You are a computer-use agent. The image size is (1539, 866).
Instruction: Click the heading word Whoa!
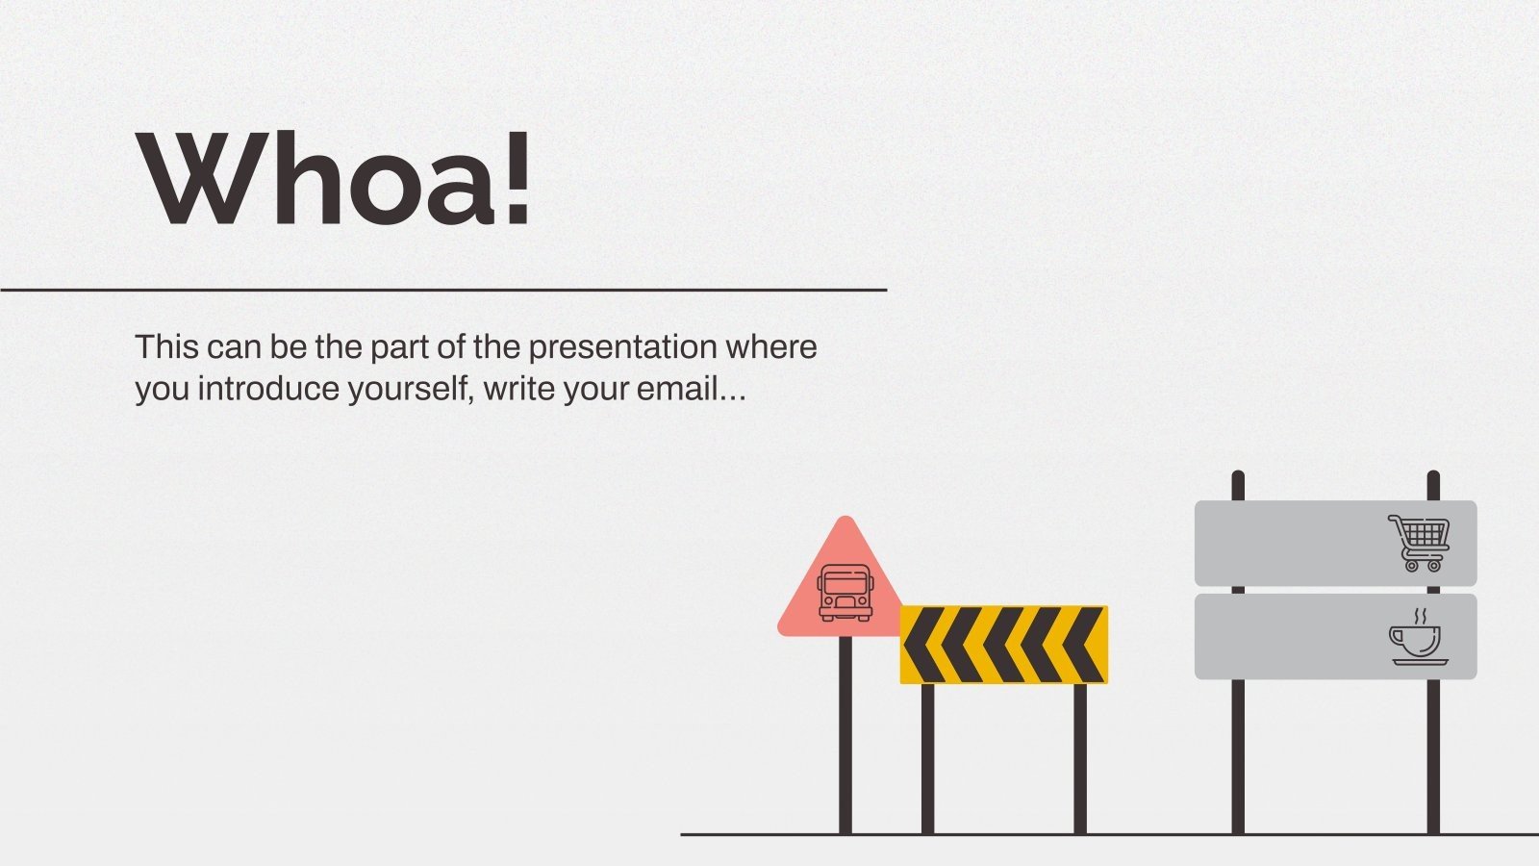tap(335, 179)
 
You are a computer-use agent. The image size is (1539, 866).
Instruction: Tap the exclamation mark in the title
tap(517, 179)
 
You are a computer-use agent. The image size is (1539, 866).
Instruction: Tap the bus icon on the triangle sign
tap(845, 592)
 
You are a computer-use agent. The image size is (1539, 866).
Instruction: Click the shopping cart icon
tap(1420, 543)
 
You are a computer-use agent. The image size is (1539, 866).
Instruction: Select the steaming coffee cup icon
tap(1418, 638)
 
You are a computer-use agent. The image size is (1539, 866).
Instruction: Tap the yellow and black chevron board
tap(1003, 645)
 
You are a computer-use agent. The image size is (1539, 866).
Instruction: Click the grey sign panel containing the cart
tap(1289, 543)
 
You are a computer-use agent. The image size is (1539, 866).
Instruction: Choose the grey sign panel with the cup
tap(1289, 637)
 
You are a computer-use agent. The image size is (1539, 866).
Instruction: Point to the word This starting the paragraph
tap(164, 347)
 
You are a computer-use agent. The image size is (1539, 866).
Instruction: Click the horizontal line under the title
tap(442, 289)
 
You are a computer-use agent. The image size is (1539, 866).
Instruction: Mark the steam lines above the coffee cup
tap(1419, 616)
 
